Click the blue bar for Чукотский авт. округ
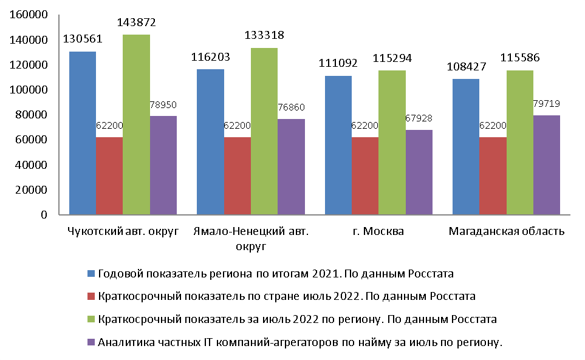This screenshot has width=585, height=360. coord(82,133)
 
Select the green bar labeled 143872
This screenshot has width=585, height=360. coord(136,124)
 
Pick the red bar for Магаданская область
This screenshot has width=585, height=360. coord(493,175)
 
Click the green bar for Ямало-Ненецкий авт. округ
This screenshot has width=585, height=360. coord(264,131)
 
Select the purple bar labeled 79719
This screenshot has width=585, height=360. coord(547,165)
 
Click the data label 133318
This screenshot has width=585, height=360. coord(264,35)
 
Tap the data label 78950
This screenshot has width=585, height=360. coord(163,104)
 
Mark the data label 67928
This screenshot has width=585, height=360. coord(419,119)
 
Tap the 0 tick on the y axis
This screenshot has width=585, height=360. coord(44,214)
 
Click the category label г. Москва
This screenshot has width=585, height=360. coord(378,231)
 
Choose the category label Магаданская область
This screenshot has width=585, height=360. coord(506,231)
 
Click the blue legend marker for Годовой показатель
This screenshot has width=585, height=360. coord(91,274)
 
